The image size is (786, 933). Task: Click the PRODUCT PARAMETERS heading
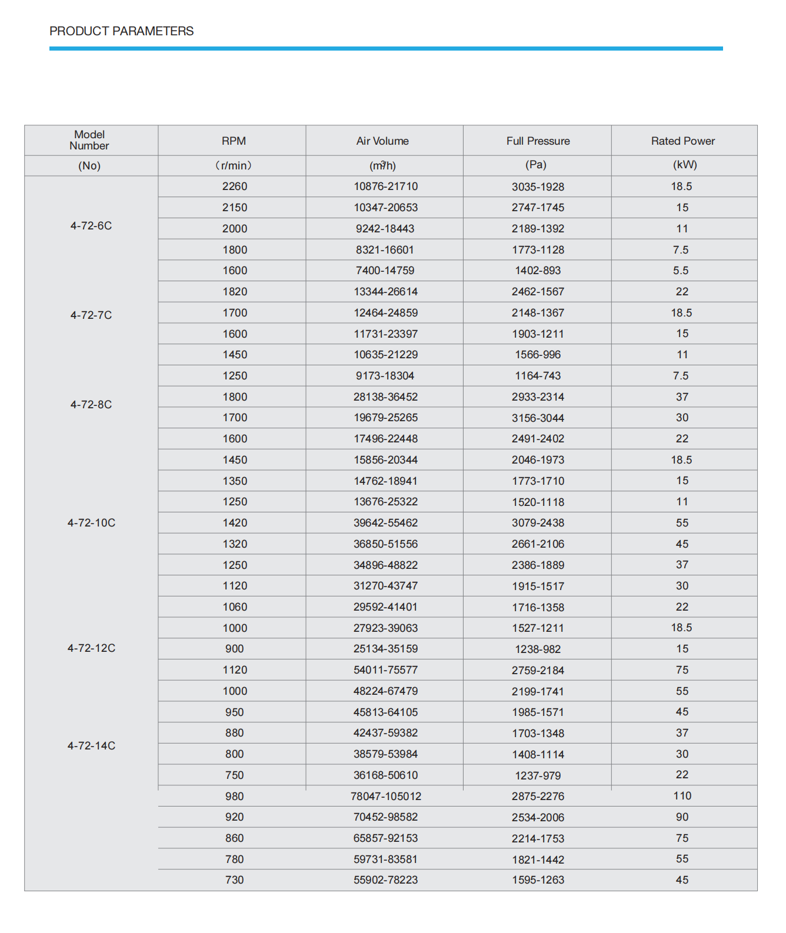pyautogui.click(x=121, y=31)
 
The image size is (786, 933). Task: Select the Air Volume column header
pyautogui.click(x=382, y=141)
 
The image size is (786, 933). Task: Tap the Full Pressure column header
pyautogui.click(x=538, y=141)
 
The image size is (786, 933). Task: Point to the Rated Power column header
pyautogui.click(x=682, y=141)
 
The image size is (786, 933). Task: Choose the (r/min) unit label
pyautogui.click(x=234, y=165)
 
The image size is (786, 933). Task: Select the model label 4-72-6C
pyautogui.click(x=91, y=226)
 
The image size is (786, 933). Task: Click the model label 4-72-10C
pyautogui.click(x=91, y=523)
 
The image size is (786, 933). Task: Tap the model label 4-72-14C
pyautogui.click(x=91, y=746)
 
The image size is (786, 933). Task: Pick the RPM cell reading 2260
pyautogui.click(x=235, y=186)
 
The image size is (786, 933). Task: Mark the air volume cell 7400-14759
pyautogui.click(x=385, y=271)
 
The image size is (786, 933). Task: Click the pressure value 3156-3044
pyautogui.click(x=538, y=418)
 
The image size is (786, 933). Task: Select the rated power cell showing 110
pyautogui.click(x=682, y=796)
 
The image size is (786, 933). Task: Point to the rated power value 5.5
pyautogui.click(x=681, y=271)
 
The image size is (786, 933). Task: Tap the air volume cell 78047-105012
pyautogui.click(x=386, y=797)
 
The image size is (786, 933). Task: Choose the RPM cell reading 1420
pyautogui.click(x=235, y=523)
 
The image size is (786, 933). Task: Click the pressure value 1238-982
pyautogui.click(x=538, y=649)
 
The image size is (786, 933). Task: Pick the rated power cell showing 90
pyautogui.click(x=682, y=817)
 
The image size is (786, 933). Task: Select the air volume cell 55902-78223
pyautogui.click(x=385, y=880)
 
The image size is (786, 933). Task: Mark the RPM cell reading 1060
pyautogui.click(x=235, y=607)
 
